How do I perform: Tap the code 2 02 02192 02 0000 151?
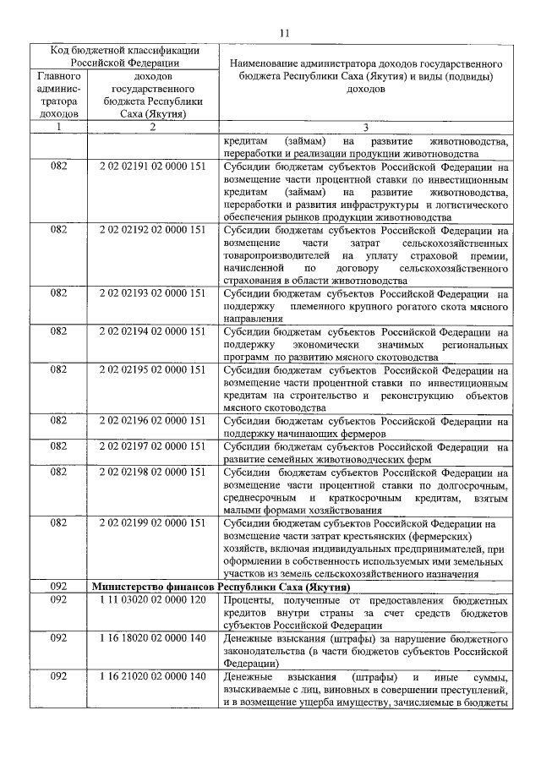[x=152, y=230]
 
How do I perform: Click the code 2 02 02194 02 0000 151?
[x=152, y=331]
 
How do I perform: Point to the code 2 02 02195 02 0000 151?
[x=152, y=369]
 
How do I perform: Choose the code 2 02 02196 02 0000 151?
[x=152, y=419]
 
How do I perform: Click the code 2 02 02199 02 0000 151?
[x=152, y=523]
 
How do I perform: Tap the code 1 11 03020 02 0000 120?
[x=152, y=599]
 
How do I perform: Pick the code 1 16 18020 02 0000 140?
[x=152, y=637]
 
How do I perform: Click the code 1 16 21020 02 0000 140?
[x=152, y=676]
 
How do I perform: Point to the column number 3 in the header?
[x=365, y=128]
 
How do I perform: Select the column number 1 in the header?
[x=59, y=128]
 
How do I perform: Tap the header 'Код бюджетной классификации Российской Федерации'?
[x=124, y=56]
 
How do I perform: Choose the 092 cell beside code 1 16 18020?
[x=59, y=637]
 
